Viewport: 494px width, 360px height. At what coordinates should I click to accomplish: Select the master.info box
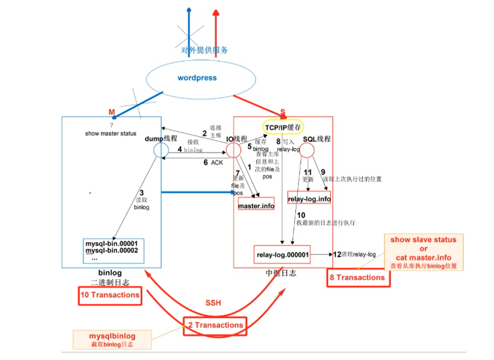pos(256,206)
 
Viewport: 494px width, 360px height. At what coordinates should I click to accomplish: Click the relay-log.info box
pos(309,198)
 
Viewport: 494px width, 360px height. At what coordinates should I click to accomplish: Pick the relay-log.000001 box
pos(282,255)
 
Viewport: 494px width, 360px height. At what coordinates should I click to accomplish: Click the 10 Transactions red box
pos(109,295)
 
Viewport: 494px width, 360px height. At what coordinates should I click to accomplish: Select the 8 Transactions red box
pos(358,278)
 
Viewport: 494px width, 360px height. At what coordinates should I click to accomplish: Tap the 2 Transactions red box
pos(215,326)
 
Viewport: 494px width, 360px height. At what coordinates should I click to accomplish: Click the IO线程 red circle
pos(233,150)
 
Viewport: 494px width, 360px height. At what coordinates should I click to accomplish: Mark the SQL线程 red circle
pos(307,150)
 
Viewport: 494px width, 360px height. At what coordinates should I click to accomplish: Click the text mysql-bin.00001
pos(112,244)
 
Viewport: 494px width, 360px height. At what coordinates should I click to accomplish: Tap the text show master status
pos(111,134)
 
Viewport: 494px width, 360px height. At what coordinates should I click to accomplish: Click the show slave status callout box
pos(423,252)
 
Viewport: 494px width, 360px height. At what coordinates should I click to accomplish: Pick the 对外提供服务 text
pos(205,50)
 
